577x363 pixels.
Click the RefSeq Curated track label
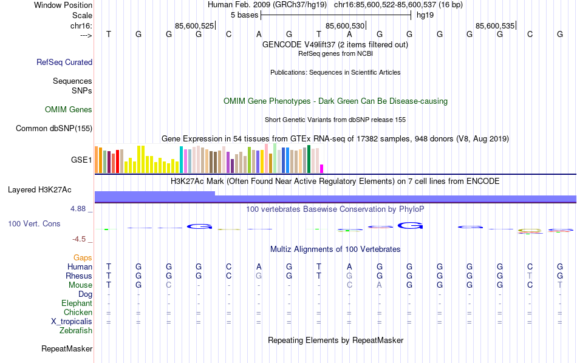coord(64,62)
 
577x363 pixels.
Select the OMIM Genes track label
coord(69,110)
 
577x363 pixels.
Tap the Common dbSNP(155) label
coord(54,128)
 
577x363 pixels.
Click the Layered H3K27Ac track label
coord(39,189)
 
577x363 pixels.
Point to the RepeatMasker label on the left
coord(67,349)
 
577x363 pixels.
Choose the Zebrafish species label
coord(76,331)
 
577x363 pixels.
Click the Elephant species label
coord(77,304)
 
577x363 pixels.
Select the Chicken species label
coord(78,313)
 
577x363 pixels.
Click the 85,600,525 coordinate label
coord(194,26)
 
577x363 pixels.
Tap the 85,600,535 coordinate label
coord(495,26)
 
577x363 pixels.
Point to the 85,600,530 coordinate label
coord(345,26)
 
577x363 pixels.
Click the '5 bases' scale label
coord(245,15)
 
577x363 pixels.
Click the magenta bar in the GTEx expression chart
coord(322,168)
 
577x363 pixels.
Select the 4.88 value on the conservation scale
coord(79,209)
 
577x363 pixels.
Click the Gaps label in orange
coord(83,258)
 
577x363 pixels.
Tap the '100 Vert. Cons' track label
coord(34,224)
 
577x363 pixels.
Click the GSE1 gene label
coord(81,160)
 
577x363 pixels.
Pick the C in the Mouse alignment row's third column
coord(169,285)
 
